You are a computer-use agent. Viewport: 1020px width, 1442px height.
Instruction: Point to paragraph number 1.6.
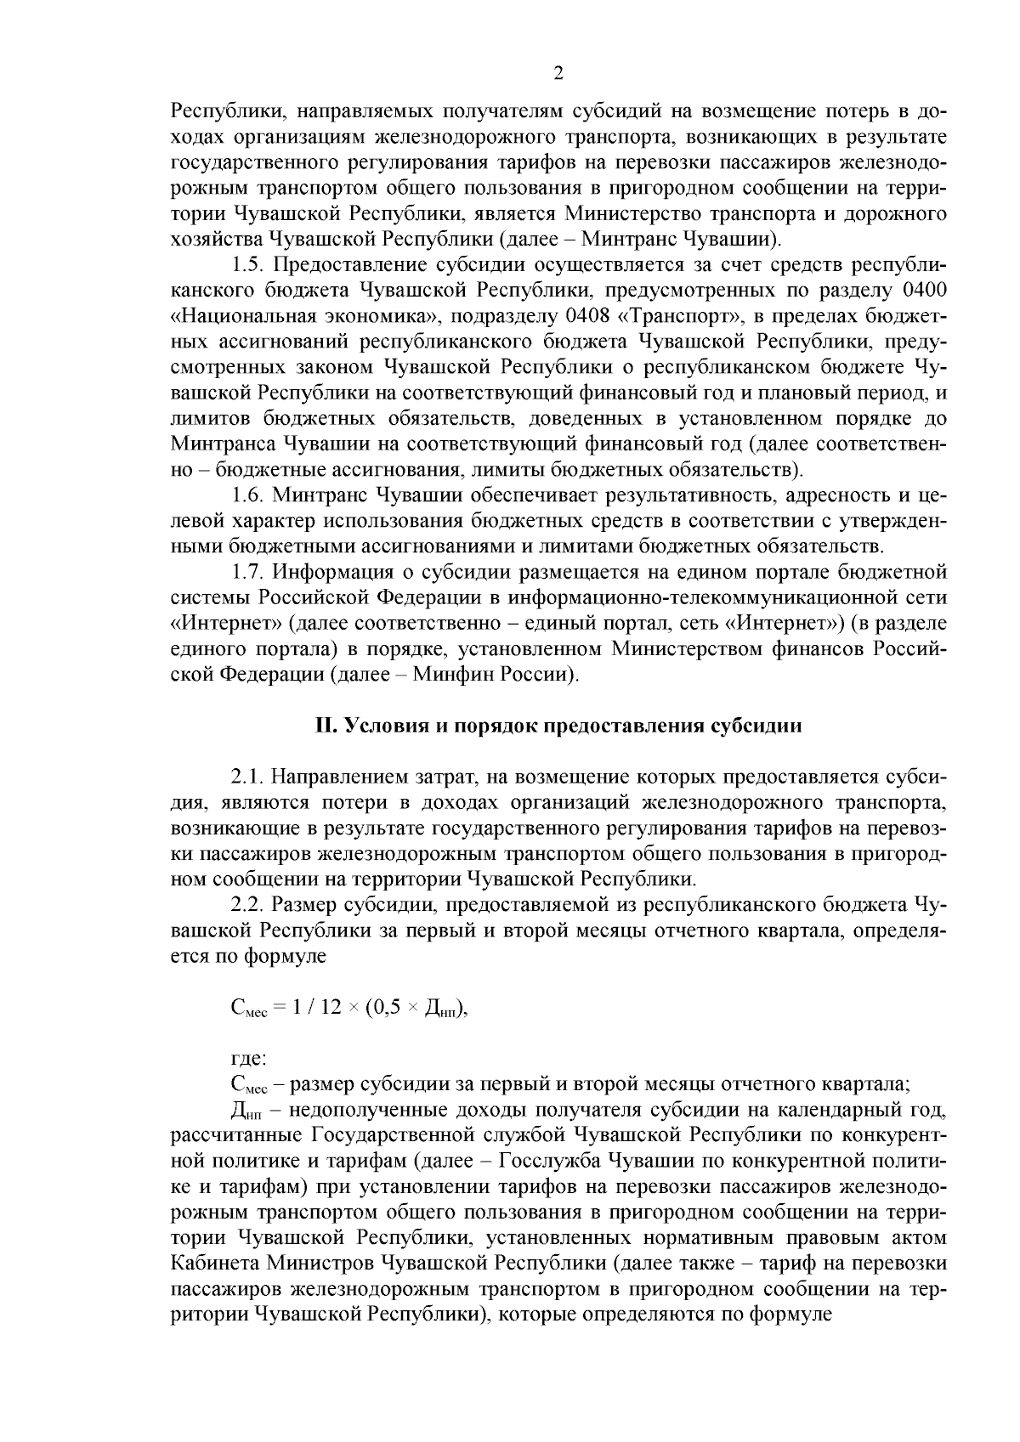click(247, 495)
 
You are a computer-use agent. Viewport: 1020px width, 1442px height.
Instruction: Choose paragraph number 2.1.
click(247, 777)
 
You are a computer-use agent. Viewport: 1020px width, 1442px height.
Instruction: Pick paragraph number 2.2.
click(247, 902)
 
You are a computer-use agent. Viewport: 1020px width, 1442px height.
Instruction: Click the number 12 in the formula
click(331, 1007)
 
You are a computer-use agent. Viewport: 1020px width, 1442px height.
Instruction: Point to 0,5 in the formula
click(384, 1007)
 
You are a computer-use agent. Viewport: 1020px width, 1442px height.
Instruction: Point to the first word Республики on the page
click(219, 110)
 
